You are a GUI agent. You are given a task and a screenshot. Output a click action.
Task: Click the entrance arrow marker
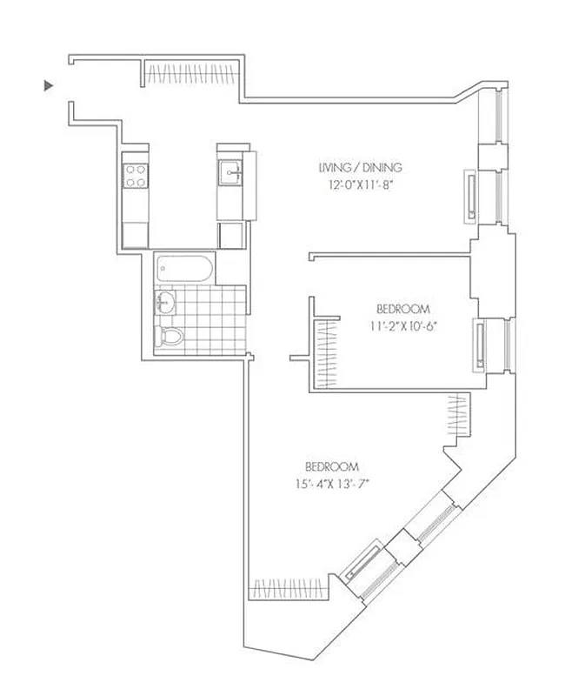(x=49, y=85)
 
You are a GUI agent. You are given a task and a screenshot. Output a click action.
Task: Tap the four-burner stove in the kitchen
(x=136, y=177)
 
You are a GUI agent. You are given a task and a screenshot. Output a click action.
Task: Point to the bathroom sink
(x=165, y=304)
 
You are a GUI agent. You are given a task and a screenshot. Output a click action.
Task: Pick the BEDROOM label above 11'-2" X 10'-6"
(x=403, y=309)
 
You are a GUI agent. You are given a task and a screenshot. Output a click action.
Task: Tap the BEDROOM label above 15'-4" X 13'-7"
(x=331, y=465)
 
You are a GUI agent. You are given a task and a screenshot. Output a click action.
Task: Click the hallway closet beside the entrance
(x=191, y=72)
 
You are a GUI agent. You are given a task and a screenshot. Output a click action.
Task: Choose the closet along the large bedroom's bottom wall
(x=289, y=590)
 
